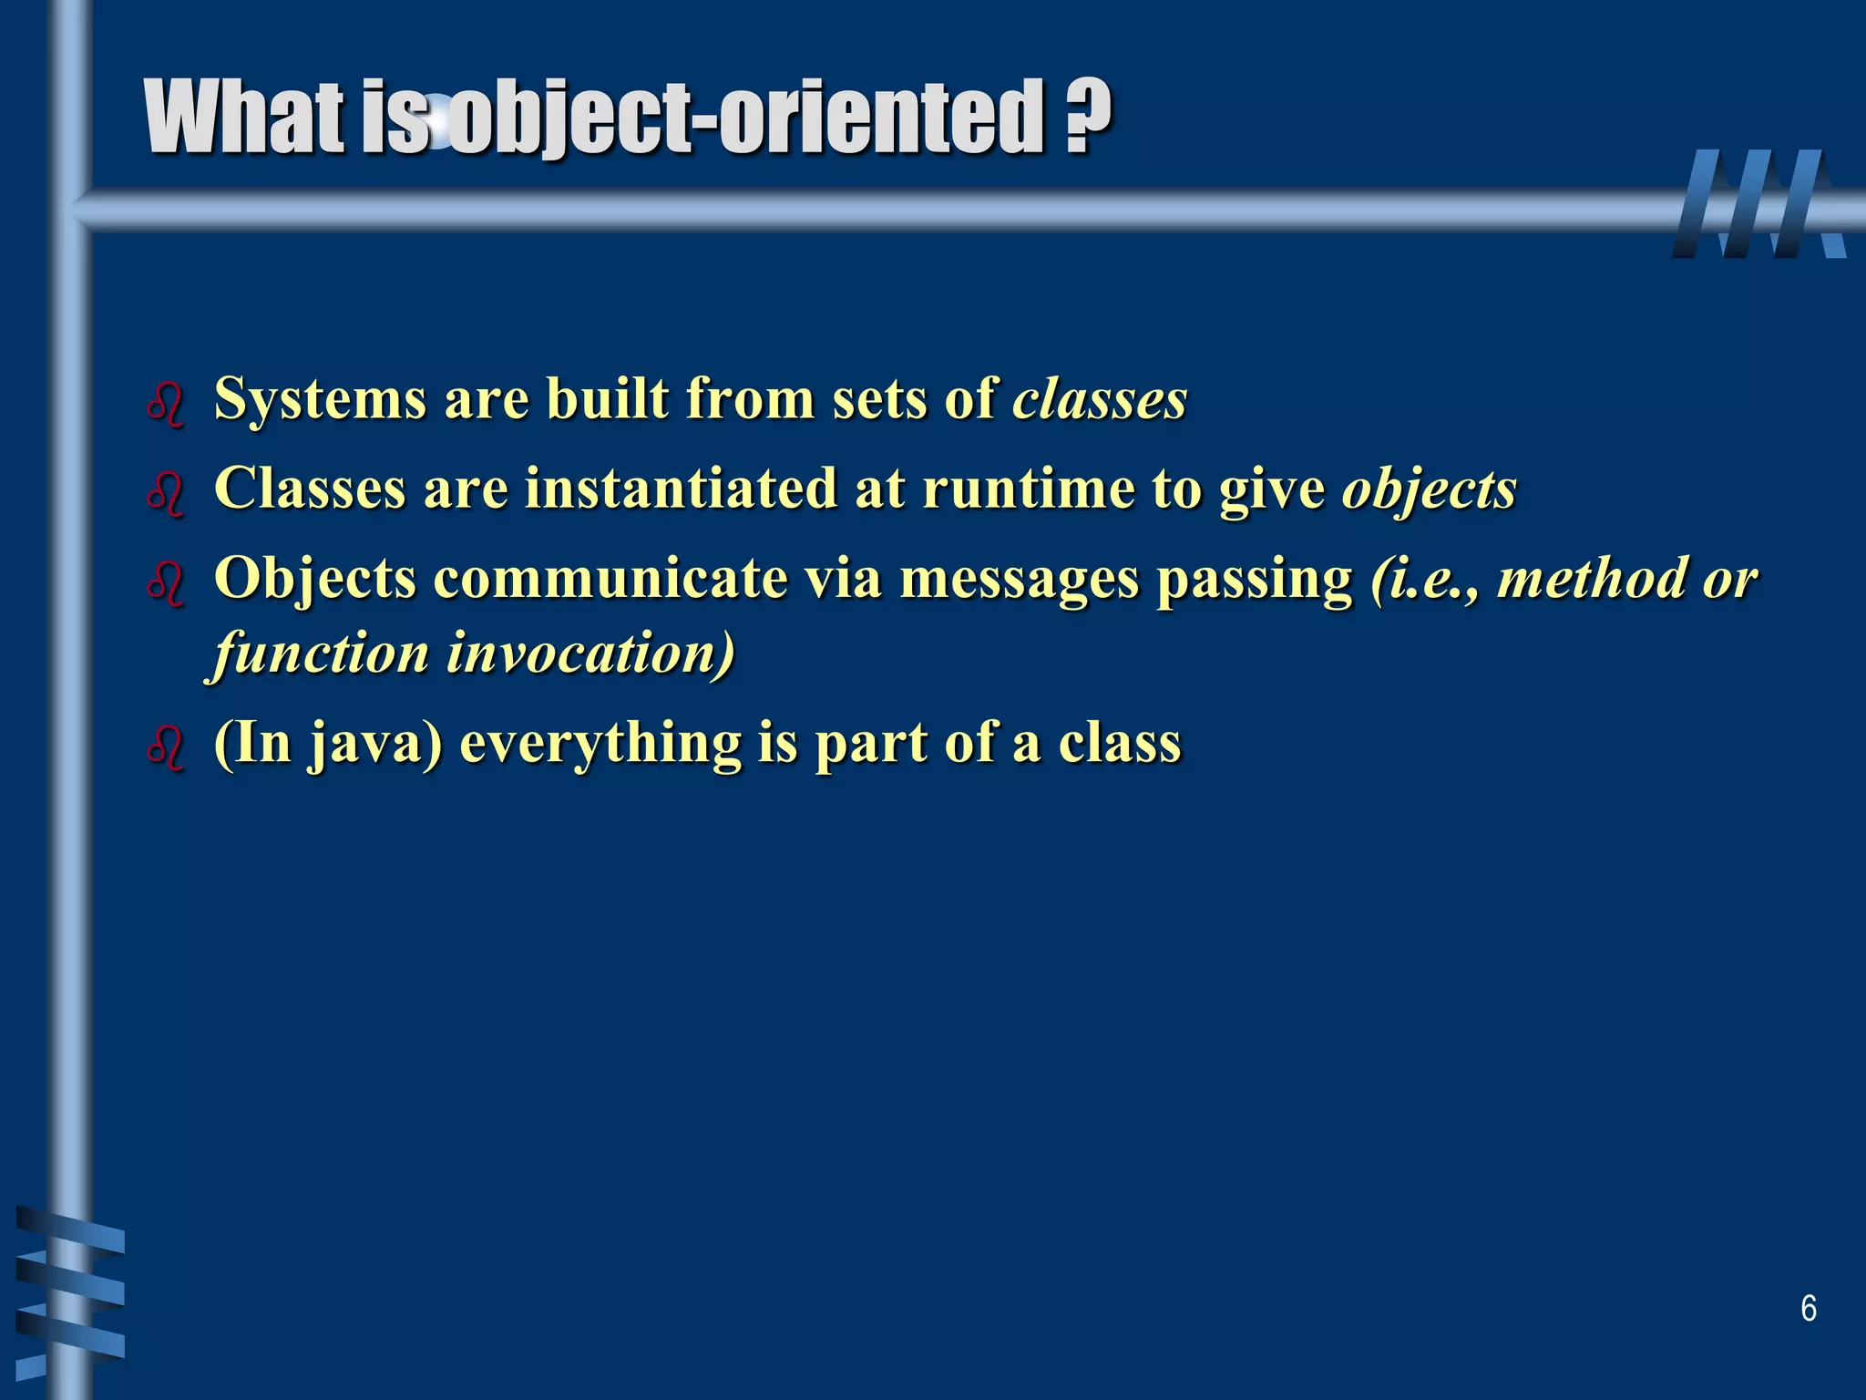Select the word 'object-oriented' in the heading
tap(747, 118)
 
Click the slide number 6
tap(1809, 1308)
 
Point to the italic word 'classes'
tap(1100, 399)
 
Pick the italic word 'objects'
tap(1429, 489)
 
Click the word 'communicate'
tap(610, 578)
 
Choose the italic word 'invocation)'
tap(590, 653)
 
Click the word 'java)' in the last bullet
tap(374, 743)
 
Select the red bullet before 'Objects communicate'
tap(166, 584)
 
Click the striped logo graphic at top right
tap(1758, 204)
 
